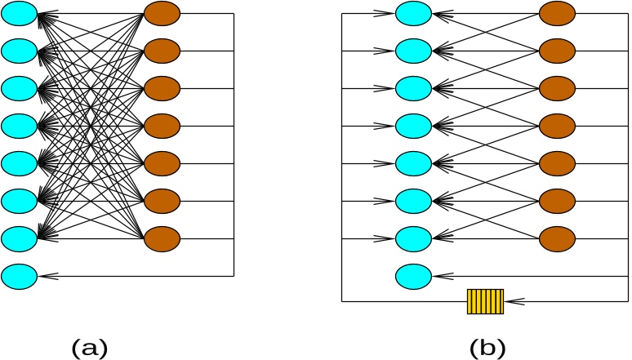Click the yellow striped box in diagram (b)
tap(485, 301)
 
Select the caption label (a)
tap(90, 348)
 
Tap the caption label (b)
tap(487, 348)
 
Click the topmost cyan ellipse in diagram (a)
tap(19, 14)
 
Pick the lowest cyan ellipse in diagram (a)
tap(19, 276)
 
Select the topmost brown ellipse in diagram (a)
tap(162, 14)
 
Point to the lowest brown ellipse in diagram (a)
tap(162, 238)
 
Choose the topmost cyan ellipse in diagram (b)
tap(413, 14)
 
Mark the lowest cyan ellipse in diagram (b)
tap(413, 276)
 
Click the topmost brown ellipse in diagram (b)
tap(557, 14)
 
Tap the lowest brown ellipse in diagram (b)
tap(557, 238)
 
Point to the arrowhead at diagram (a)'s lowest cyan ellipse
tap(44, 276)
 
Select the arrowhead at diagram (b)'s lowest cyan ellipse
tap(438, 276)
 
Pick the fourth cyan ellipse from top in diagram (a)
tap(19, 126)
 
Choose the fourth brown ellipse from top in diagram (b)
tap(557, 126)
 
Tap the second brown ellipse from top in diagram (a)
tap(162, 51)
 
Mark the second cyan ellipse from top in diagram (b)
tap(413, 51)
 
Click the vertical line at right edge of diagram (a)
tap(234, 147)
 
